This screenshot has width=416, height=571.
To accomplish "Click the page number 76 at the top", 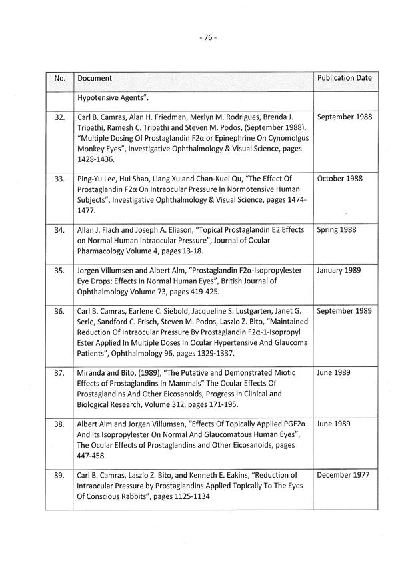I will pos(208,38).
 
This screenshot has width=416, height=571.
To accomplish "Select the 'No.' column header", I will pos(59,79).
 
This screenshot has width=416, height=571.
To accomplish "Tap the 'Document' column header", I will pos(95,79).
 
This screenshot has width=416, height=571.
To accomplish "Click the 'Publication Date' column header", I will pos(344,78).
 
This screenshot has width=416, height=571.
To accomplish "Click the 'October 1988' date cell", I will pos(340,179).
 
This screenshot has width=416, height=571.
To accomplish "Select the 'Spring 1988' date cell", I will pos(337,230).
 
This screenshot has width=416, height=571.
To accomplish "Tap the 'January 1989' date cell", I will pos(339,271).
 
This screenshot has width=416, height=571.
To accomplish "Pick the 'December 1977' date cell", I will pos(344,476).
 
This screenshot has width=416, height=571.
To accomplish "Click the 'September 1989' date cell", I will pos(344,311).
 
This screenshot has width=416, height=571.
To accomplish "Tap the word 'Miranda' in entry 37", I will pos(93,373).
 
